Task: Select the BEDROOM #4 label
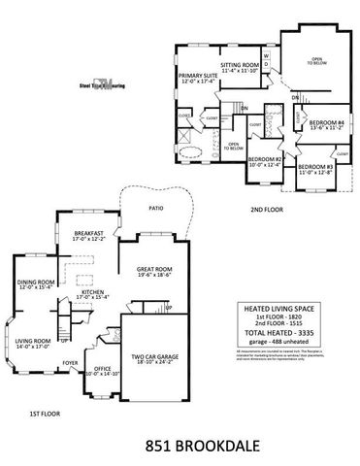pyautogui.click(x=327, y=122)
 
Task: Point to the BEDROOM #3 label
pyautogui.click(x=315, y=168)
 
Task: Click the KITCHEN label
pyautogui.click(x=93, y=291)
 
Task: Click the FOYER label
pyautogui.click(x=71, y=363)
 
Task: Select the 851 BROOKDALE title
pyautogui.click(x=180, y=449)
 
